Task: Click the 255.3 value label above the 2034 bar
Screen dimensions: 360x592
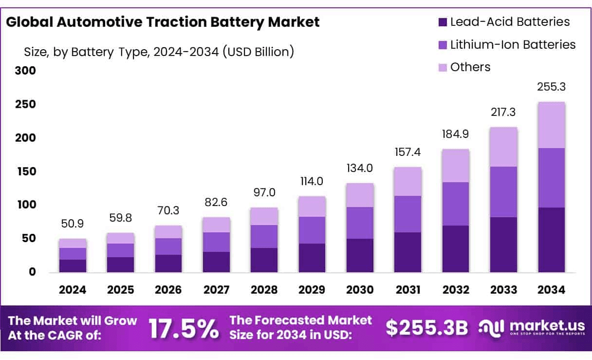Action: (552, 87)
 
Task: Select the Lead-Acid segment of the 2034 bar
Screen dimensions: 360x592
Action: (552, 240)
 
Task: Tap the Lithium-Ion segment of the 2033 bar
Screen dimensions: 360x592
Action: (503, 191)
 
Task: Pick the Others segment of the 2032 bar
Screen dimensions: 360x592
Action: (456, 166)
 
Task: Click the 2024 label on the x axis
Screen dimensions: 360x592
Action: (73, 290)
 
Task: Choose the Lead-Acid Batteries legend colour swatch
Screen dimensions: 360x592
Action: (442, 22)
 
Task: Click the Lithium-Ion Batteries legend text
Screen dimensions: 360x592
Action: (513, 44)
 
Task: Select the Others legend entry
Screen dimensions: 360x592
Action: (470, 67)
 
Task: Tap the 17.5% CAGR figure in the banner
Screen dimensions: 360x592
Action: (184, 328)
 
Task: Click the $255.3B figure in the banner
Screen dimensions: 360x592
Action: (426, 328)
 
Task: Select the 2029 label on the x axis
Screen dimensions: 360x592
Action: (312, 290)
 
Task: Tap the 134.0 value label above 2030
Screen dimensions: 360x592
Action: (360, 168)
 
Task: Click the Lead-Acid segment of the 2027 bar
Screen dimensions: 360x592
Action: (216, 262)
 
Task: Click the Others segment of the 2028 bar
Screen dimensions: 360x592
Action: (264, 216)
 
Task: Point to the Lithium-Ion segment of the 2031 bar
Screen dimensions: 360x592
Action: (408, 214)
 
